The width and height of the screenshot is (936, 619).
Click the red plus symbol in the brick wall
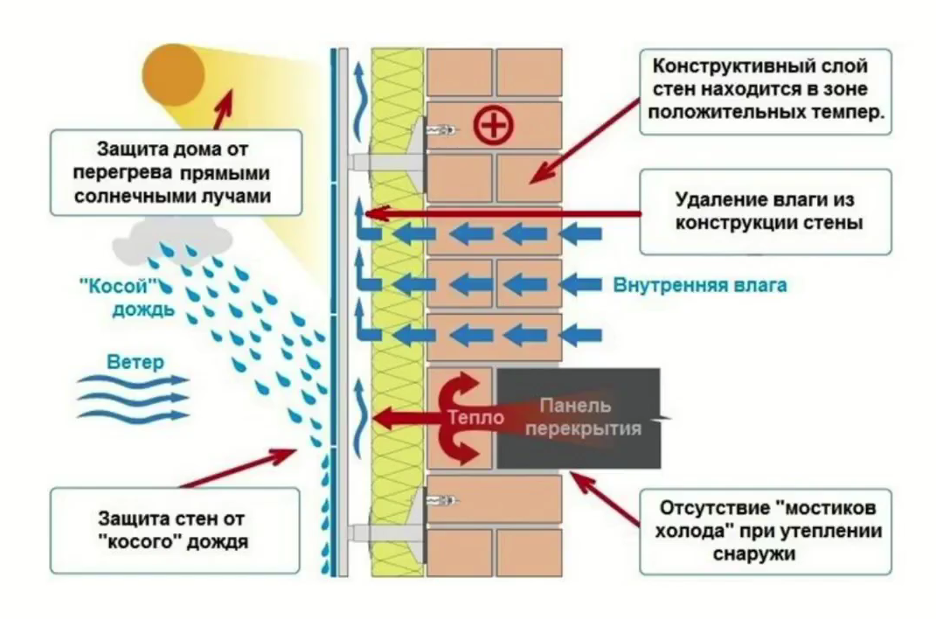(494, 127)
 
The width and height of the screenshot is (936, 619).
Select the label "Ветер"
(135, 361)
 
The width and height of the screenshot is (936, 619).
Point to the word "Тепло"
(475, 418)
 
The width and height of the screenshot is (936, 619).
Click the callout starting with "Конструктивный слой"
(766, 91)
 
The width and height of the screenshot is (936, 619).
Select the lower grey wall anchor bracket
(385, 531)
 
